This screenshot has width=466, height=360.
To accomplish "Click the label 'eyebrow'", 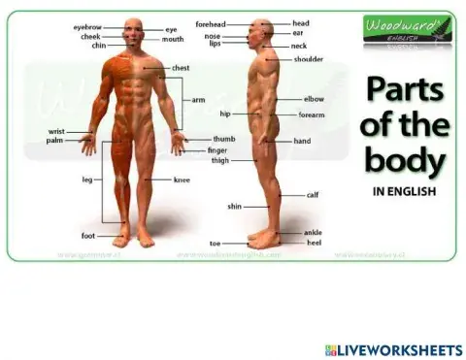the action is click(x=87, y=28).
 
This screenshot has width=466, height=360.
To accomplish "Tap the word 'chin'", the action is click(x=99, y=46).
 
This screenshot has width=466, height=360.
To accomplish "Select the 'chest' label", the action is click(x=181, y=69).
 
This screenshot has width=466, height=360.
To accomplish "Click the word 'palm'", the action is click(x=54, y=140).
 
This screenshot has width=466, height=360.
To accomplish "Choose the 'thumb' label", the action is click(x=224, y=139).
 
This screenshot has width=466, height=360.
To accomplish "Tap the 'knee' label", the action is click(x=182, y=180).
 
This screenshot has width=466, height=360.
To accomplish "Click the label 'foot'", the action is click(x=87, y=236).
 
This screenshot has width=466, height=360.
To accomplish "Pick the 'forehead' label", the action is click(x=209, y=22).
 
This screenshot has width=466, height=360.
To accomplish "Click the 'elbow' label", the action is click(x=314, y=99).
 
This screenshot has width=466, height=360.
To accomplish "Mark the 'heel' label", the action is click(x=314, y=243).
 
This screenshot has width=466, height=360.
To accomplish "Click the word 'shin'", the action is click(x=234, y=207).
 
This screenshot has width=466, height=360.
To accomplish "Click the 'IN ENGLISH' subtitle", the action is click(x=404, y=191).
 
